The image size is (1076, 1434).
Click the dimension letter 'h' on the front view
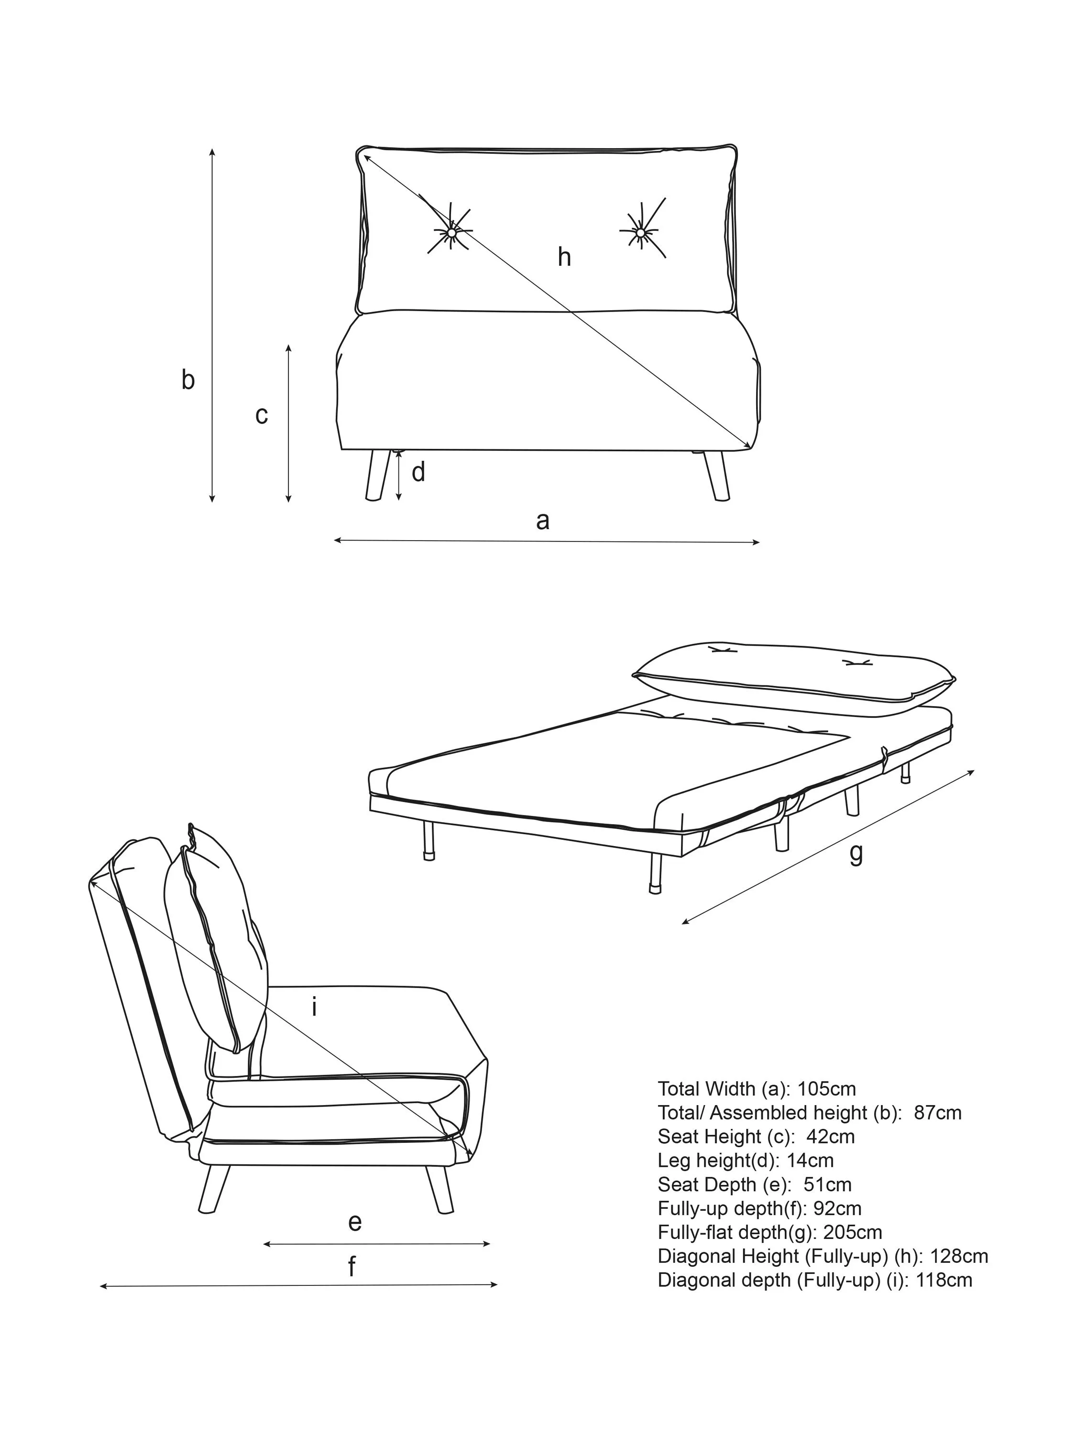click(x=564, y=257)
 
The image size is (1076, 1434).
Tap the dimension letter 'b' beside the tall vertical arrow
click(x=187, y=380)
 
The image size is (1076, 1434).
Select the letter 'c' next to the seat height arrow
click(x=262, y=415)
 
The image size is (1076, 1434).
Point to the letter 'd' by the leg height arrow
click(x=418, y=473)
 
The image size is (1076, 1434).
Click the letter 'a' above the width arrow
click(x=543, y=521)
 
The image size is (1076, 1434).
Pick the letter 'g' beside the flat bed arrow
click(x=856, y=854)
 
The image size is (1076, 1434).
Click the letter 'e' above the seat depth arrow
click(x=354, y=1223)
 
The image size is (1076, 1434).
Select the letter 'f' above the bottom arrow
click(x=351, y=1266)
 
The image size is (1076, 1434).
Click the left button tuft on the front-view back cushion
click(x=450, y=231)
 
